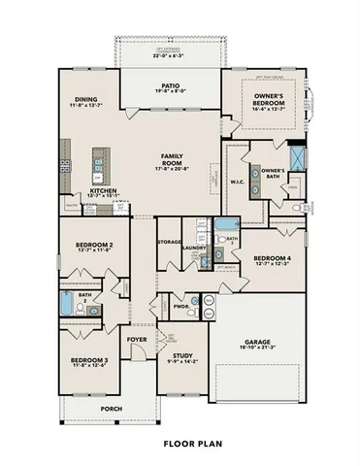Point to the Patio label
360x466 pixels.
click(x=170, y=85)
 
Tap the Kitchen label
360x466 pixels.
click(x=104, y=191)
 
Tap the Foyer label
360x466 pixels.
click(x=137, y=338)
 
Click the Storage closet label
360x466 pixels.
click(x=170, y=241)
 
